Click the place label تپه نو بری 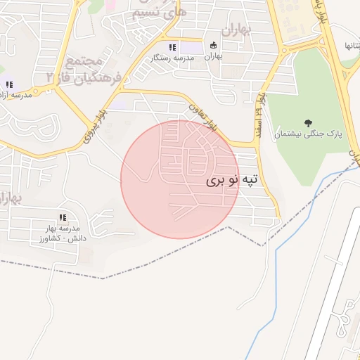(x=232, y=181)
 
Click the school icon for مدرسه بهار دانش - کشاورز (x=62, y=218)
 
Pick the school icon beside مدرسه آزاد (x=9, y=85)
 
